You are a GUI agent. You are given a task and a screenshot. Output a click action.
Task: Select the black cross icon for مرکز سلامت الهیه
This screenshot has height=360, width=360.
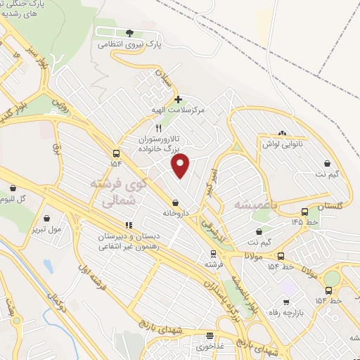click(x=179, y=99)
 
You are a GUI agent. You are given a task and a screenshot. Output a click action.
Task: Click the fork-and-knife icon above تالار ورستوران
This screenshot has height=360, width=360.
click(x=158, y=127)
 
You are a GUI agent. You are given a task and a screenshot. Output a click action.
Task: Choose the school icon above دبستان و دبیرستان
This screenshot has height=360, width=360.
click(x=128, y=224)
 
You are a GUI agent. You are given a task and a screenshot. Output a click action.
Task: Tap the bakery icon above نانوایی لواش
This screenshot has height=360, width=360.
click(x=282, y=132)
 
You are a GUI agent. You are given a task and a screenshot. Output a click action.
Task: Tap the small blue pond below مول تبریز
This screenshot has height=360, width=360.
click(x=47, y=266)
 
